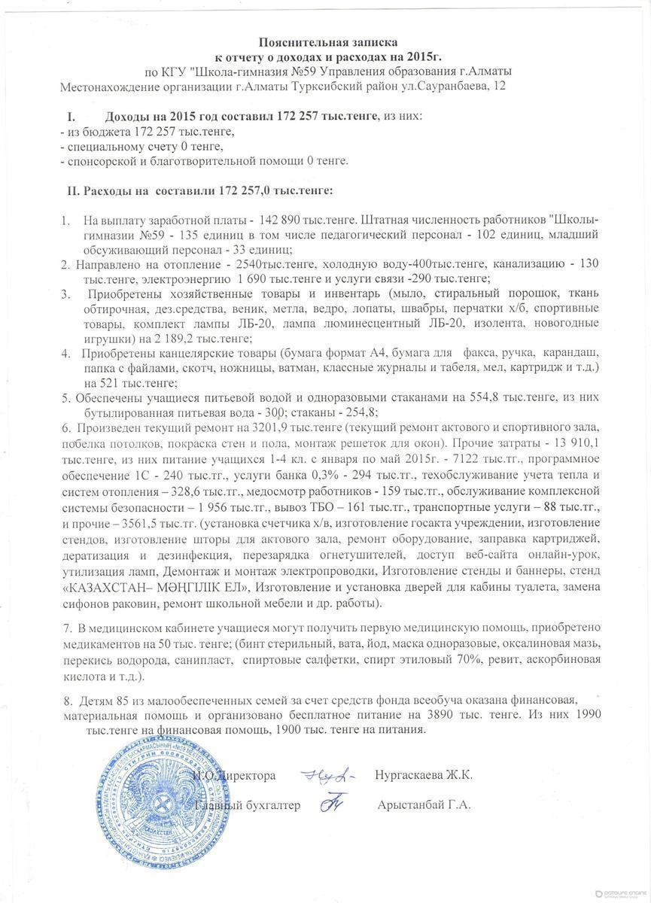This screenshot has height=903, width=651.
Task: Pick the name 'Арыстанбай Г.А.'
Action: [x=424, y=805]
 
